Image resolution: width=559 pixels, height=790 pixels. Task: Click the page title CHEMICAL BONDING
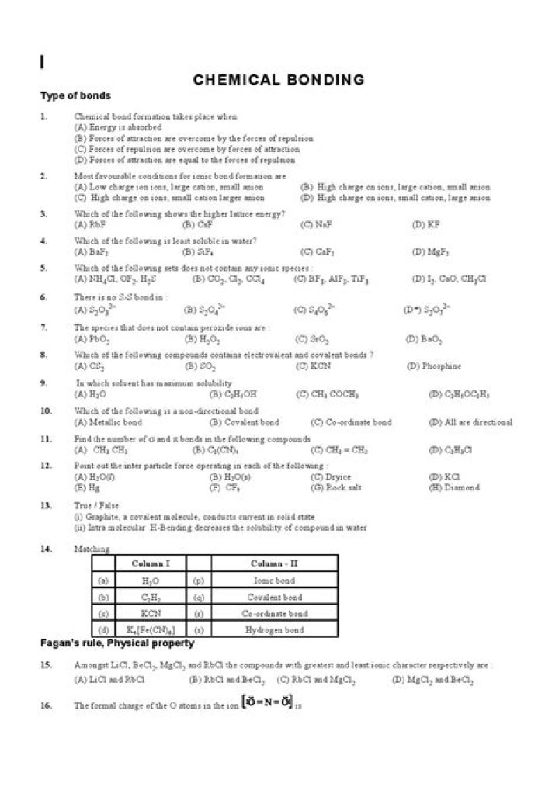pos(279,79)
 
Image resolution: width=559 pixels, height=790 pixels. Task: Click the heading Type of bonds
pos(75,96)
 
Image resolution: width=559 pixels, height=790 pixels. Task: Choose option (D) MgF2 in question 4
pos(431,251)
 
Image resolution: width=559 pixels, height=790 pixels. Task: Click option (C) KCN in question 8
pos(314,366)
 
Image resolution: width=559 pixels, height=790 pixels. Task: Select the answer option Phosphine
pos(442,366)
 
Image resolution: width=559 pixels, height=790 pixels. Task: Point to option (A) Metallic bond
pos(108,423)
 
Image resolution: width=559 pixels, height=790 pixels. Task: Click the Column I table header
pos(151,563)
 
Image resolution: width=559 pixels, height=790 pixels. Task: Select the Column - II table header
pos(274,563)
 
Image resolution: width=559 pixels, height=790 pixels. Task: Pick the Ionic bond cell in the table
pos(274,580)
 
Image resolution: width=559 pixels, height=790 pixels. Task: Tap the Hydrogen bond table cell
pos(274,631)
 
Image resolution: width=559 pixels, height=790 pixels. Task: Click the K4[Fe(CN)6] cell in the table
pos(151,631)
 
